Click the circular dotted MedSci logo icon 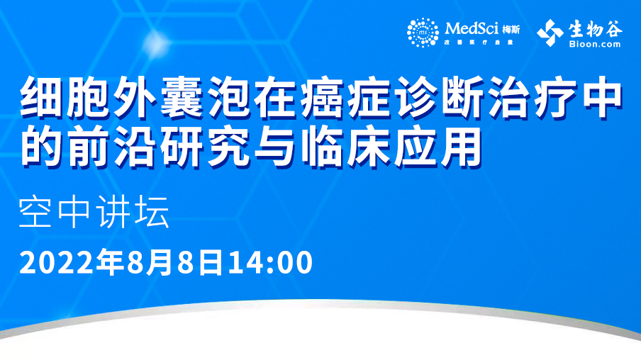[x=423, y=33]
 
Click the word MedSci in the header [x=472, y=28]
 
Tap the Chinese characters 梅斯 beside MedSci [x=511, y=30]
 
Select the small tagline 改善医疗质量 [x=479, y=42]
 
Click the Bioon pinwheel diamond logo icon [x=550, y=33]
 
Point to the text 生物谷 [x=595, y=28]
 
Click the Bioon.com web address [x=595, y=44]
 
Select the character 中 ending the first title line [x=600, y=97]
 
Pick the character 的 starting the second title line [x=42, y=145]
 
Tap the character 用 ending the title [x=461, y=145]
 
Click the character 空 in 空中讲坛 [x=35, y=212]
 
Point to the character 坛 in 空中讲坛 [x=152, y=212]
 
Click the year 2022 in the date [x=56, y=263]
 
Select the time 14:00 [x=270, y=263]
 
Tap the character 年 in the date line [x=111, y=262]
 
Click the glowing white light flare [x=157, y=43]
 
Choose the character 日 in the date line [x=211, y=262]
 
